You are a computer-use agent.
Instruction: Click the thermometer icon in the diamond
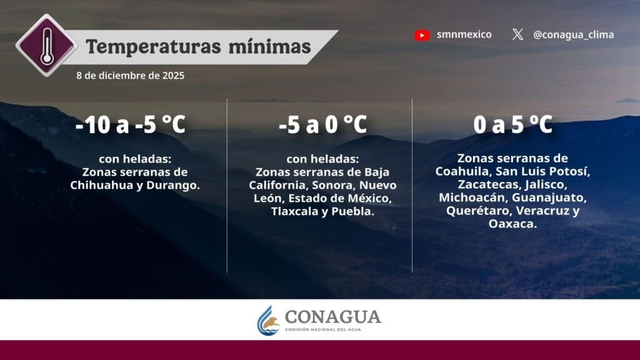tap(47, 45)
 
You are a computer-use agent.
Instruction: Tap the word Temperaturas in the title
tap(153, 46)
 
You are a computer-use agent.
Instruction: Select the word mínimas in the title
tap(270, 46)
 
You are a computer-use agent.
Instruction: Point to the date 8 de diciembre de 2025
tap(130, 76)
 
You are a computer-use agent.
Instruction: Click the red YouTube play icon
tap(422, 36)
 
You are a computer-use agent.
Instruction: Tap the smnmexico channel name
tap(464, 35)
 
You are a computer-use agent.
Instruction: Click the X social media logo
tap(517, 34)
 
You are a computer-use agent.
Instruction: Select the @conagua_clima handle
tap(574, 35)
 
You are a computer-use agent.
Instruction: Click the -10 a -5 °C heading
tap(131, 124)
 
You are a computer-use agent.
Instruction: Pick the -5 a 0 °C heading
tap(323, 124)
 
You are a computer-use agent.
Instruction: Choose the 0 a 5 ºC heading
tap(512, 124)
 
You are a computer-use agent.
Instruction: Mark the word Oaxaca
tap(512, 224)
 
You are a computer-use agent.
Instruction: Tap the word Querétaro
tap(479, 211)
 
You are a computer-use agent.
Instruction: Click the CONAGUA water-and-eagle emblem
tap(268, 321)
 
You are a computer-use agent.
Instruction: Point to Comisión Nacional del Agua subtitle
tap(323, 329)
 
